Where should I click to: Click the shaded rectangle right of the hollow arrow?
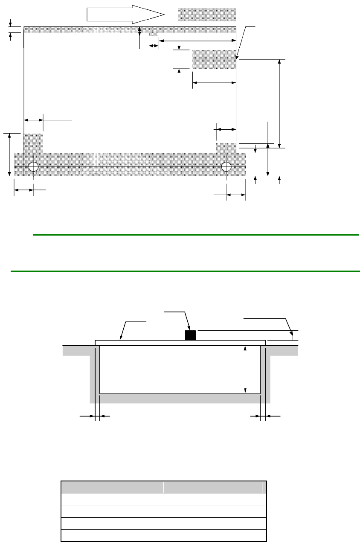point(206,15)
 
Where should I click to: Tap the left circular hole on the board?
point(34,166)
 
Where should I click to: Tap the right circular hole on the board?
point(226,166)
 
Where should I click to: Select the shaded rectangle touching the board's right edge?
point(214,59)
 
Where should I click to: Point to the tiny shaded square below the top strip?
point(154,34)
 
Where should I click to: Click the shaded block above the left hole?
point(33,143)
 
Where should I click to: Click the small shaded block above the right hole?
point(226,148)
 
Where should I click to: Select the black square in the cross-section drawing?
point(190,335)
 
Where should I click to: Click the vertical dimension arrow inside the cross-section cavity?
point(245,370)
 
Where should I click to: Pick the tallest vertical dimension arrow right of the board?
point(279,102)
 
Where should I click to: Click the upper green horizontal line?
point(196,235)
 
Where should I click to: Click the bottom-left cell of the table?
point(113,535)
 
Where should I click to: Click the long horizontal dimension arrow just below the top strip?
point(197,41)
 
